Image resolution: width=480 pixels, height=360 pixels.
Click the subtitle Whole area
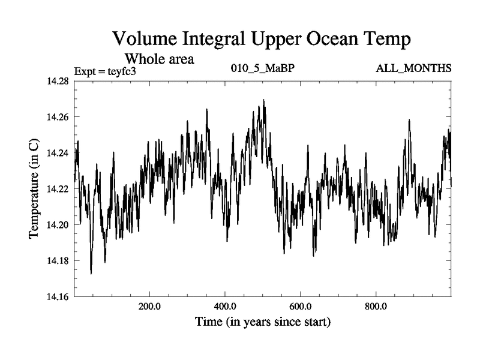pos(159,59)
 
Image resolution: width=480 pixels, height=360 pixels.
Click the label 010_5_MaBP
pos(263,68)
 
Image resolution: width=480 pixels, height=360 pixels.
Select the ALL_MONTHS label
pos(413,68)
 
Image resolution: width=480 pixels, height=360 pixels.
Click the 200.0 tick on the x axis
pos(149,305)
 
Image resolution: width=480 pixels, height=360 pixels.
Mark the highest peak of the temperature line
pos(263,100)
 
